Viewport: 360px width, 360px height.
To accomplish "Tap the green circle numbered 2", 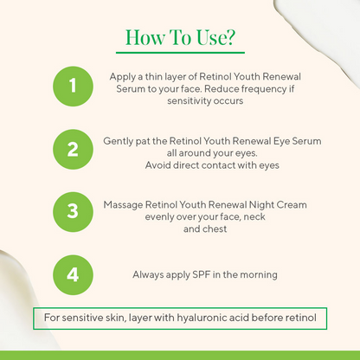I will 72,149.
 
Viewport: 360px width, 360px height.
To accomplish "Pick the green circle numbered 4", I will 72,274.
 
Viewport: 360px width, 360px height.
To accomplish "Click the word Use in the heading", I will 204,38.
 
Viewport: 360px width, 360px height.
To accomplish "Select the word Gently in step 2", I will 119,139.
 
